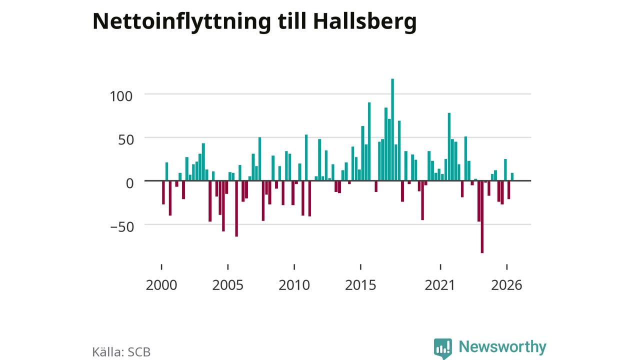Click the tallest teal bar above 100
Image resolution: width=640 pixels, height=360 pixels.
392,129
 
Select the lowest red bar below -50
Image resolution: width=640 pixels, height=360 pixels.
482,217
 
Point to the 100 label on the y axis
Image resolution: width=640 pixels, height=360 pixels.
121,96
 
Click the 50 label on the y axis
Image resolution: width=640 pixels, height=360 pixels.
125,140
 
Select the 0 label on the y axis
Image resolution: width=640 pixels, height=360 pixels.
129,183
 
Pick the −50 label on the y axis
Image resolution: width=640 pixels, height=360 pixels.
122,227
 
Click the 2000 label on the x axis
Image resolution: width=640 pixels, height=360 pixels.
161,285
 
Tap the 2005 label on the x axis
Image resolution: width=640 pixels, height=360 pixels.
227,285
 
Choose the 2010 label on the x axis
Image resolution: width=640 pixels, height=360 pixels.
294,285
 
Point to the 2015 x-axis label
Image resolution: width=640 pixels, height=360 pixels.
360,285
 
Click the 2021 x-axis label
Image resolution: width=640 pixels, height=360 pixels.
439,285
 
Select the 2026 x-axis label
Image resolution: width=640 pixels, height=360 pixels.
506,285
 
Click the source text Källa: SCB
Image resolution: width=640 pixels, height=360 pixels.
121,352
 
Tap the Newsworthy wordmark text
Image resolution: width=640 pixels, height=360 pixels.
502,346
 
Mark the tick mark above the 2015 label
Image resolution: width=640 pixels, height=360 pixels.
360,267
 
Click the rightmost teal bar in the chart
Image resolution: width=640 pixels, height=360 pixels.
512,177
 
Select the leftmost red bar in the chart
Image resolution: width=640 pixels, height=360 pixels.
163,192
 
